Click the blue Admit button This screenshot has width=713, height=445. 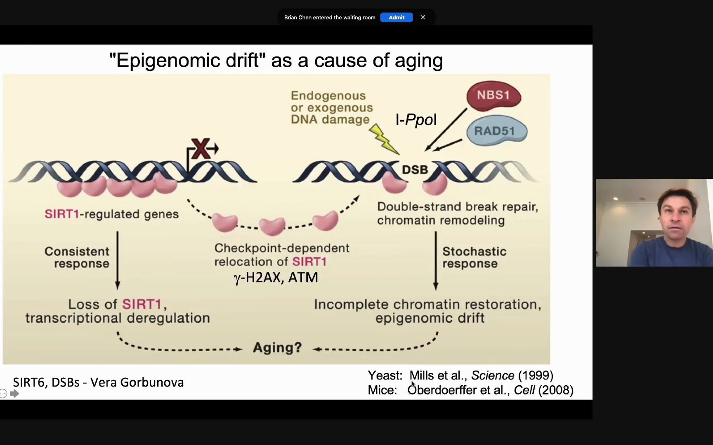[x=396, y=17]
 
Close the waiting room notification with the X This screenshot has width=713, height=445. [x=423, y=17]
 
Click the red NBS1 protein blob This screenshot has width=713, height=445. [x=493, y=96]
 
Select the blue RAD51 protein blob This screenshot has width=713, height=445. [x=496, y=131]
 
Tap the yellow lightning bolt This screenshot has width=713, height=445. [x=384, y=139]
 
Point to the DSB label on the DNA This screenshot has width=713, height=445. [x=415, y=170]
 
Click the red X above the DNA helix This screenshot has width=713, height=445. [x=201, y=148]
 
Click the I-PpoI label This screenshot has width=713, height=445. [x=416, y=120]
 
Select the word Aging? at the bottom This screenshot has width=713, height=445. [x=277, y=348]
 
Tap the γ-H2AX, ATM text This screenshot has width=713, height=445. [x=276, y=278]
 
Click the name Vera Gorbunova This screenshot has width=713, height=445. [x=137, y=382]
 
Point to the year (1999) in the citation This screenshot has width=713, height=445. [x=536, y=375]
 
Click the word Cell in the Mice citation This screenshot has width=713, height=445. [x=524, y=390]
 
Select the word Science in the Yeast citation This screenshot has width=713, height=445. [x=493, y=375]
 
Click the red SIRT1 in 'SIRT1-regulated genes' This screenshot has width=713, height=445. [x=61, y=214]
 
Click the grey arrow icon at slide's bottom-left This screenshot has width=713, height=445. [x=14, y=394]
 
